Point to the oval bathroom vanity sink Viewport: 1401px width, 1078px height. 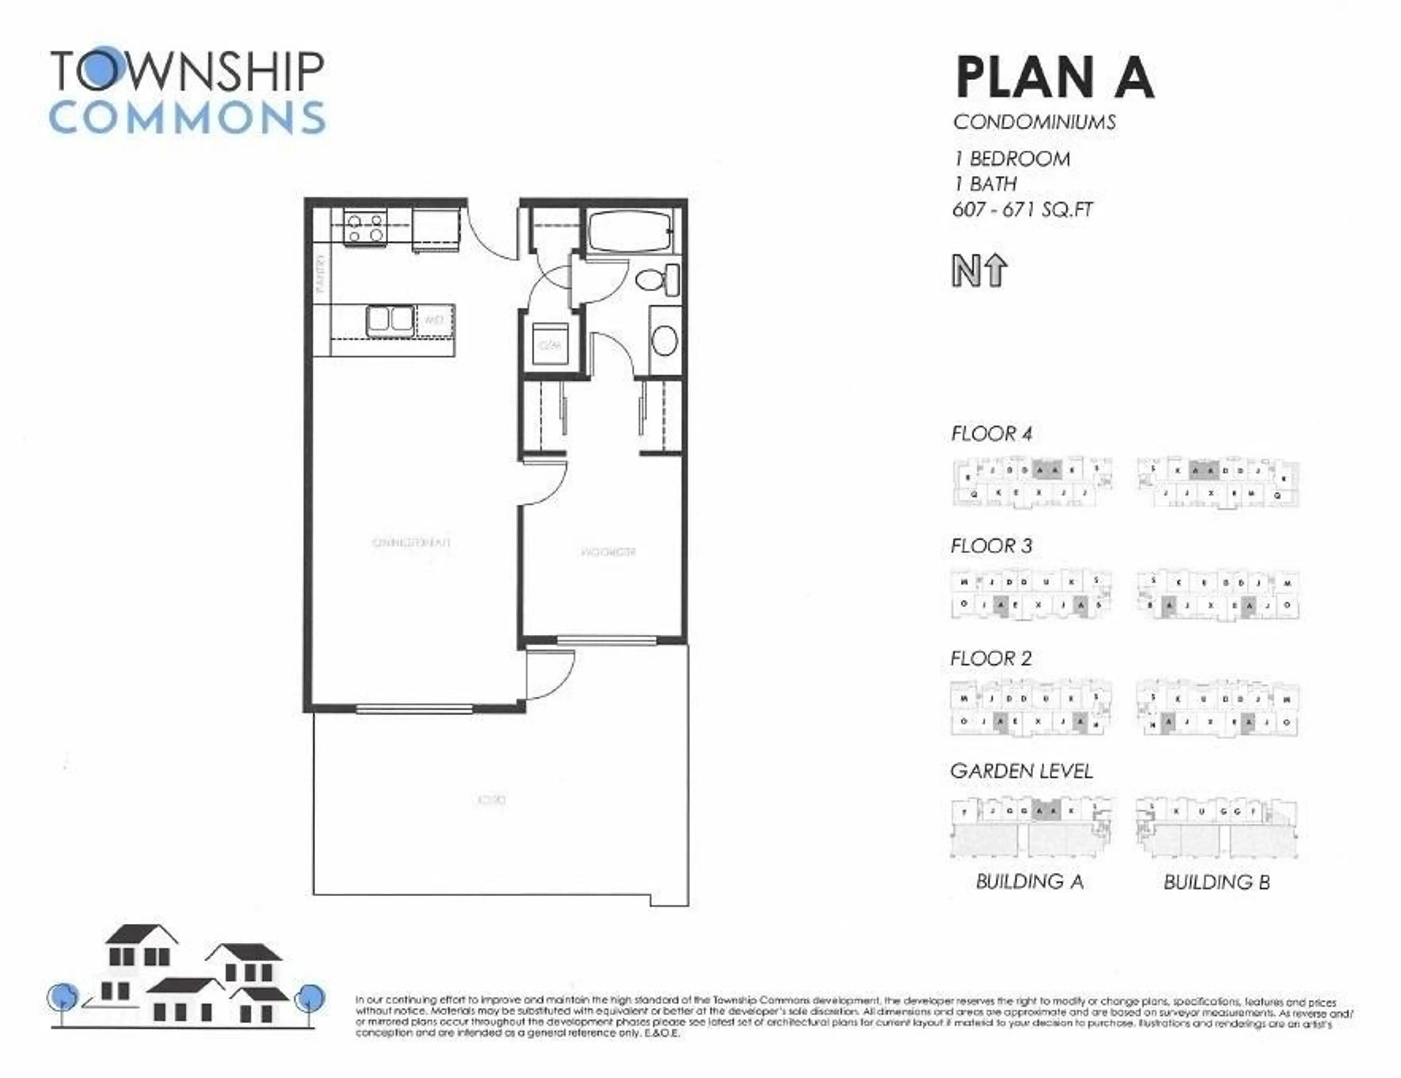pyautogui.click(x=665, y=341)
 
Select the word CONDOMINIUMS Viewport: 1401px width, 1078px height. pyautogui.click(x=1034, y=122)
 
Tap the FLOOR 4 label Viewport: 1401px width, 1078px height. pyautogui.click(x=991, y=434)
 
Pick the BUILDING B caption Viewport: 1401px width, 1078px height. pyautogui.click(x=1216, y=883)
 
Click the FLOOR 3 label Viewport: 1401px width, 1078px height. pyautogui.click(x=991, y=546)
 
